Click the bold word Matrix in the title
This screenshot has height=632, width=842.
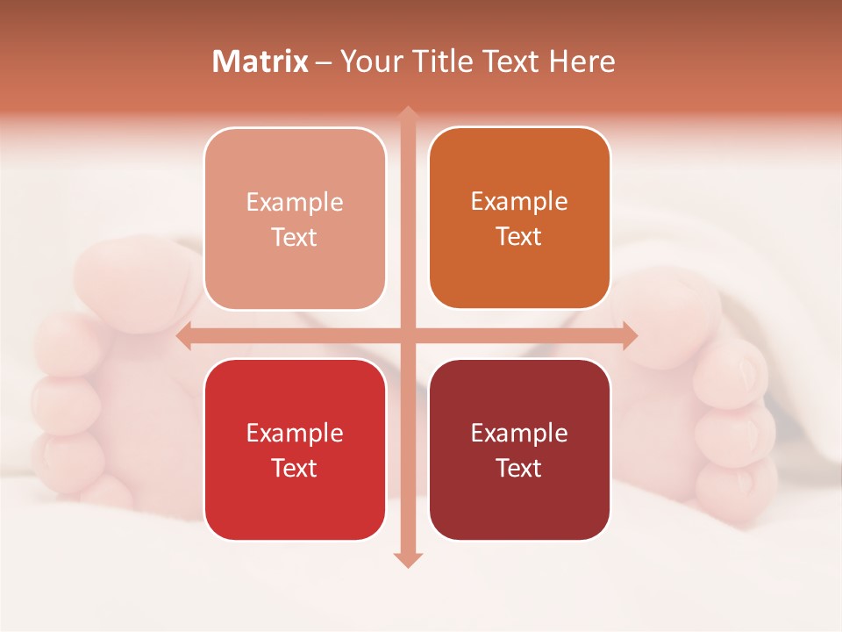pyautogui.click(x=260, y=61)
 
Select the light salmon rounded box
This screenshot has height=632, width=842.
pyautogui.click(x=295, y=219)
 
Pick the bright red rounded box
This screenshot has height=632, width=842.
pyautogui.click(x=295, y=449)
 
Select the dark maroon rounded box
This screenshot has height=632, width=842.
pyautogui.click(x=519, y=449)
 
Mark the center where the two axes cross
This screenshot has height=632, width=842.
pyautogui.click(x=407, y=335)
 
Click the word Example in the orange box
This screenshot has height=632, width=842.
pyautogui.click(x=519, y=202)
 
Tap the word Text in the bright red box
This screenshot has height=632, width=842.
pyautogui.click(x=295, y=468)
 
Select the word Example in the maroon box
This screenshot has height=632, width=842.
pyautogui.click(x=519, y=433)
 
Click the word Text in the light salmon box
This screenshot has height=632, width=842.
pyautogui.click(x=295, y=237)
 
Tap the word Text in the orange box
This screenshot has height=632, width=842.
pyautogui.click(x=519, y=236)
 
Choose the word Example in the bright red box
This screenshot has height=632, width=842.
pyautogui.click(x=295, y=433)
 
